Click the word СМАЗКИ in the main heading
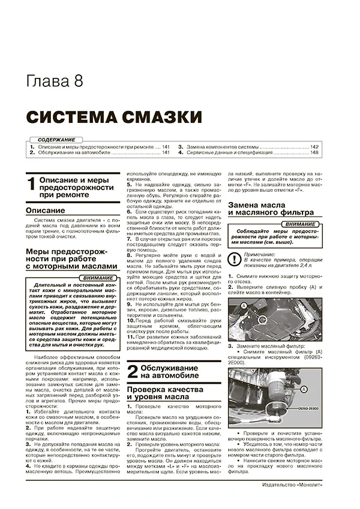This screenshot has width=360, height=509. click(162, 116)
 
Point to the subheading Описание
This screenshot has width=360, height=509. click(46, 211)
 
